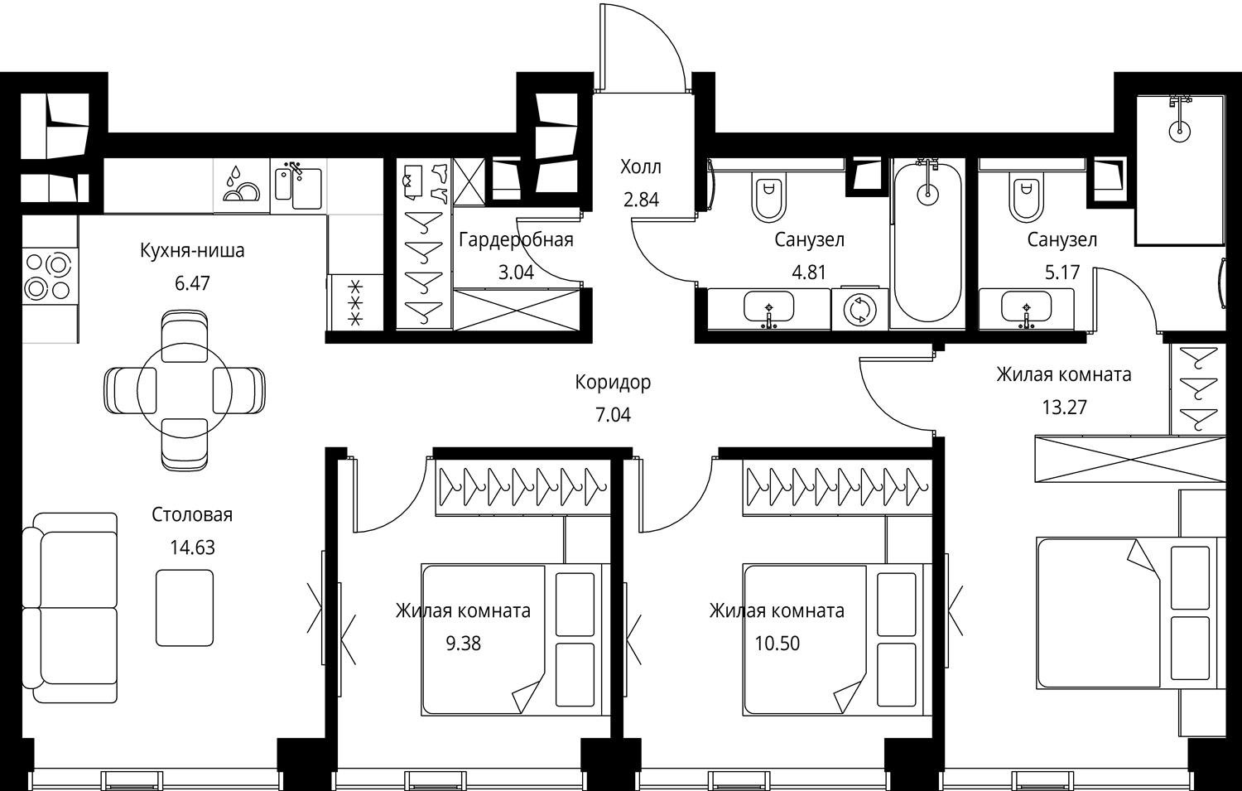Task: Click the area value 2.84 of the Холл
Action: click(x=641, y=199)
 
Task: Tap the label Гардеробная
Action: click(x=516, y=239)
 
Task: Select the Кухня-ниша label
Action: click(x=192, y=250)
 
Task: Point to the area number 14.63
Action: click(x=192, y=547)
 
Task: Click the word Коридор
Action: click(x=613, y=382)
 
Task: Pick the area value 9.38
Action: click(x=463, y=644)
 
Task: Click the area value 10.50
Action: click(x=777, y=644)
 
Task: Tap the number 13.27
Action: click(x=1064, y=408)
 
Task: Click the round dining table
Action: click(x=185, y=392)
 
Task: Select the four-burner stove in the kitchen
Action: click(x=50, y=277)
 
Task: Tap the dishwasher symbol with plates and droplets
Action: click(x=242, y=185)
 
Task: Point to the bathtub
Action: click(x=927, y=243)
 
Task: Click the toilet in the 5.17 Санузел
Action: click(x=1027, y=197)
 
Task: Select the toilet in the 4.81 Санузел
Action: click(x=768, y=197)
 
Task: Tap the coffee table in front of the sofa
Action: click(x=185, y=607)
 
